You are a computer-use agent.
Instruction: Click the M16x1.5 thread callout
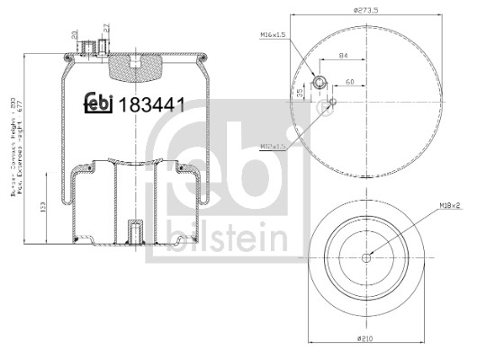(x=273, y=34)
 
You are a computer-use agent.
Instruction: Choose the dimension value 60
(x=348, y=83)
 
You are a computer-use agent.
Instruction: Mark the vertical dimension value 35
(x=300, y=93)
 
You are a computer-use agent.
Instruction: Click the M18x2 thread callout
(x=451, y=205)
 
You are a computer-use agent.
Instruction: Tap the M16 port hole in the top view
(x=319, y=85)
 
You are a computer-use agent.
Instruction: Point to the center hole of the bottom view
(x=365, y=256)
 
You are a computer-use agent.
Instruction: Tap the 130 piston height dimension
(x=44, y=209)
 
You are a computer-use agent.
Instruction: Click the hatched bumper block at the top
(x=132, y=64)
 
